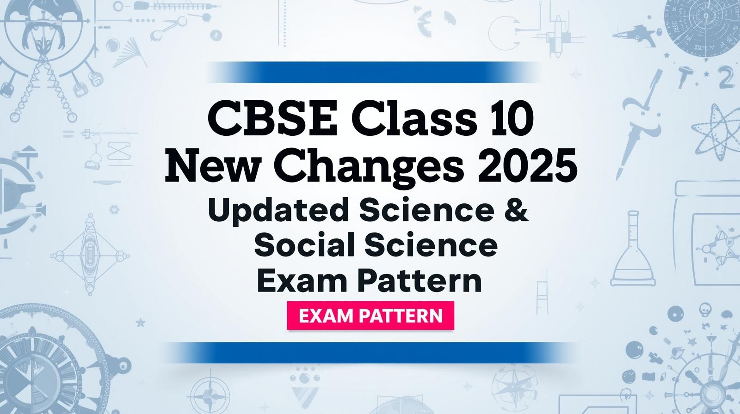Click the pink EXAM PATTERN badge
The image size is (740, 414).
pos(370,316)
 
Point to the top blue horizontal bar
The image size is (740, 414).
pos(373,72)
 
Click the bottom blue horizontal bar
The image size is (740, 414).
pos(370,353)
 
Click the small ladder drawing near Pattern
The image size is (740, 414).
pos(542,297)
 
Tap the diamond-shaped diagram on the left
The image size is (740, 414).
pos(90,255)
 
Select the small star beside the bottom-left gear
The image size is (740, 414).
pos(141,322)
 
